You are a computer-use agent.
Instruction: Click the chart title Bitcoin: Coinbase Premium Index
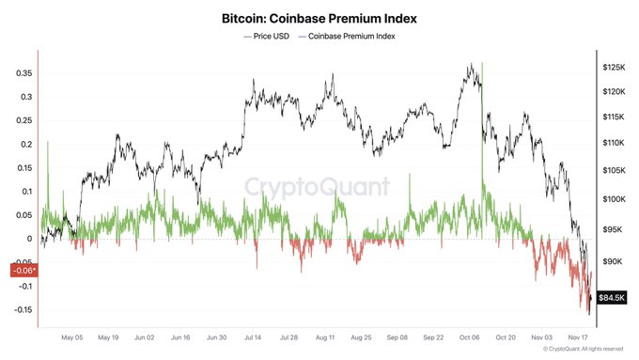point(319,18)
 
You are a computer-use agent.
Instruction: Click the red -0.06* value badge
point(20,271)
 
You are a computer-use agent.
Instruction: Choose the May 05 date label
point(72,336)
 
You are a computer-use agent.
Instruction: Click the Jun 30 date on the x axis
point(217,336)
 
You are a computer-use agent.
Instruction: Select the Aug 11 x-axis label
point(326,336)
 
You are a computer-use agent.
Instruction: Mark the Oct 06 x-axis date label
point(470,336)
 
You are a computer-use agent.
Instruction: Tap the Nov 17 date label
point(578,336)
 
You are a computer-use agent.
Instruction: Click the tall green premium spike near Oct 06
point(481,122)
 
